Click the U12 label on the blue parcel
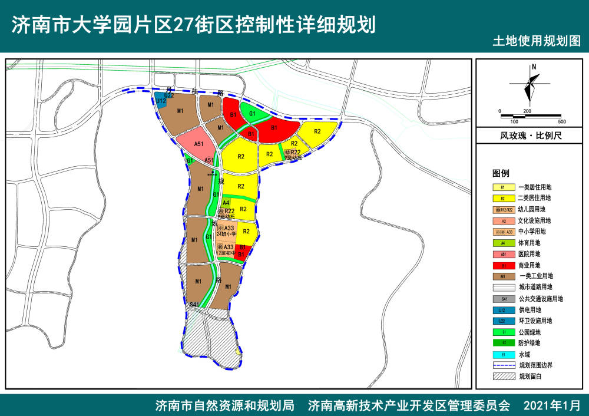tap(161, 101)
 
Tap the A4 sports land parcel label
tap(226, 203)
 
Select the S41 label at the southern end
tap(194, 305)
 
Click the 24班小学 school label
tap(226, 235)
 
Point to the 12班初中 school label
tap(226, 253)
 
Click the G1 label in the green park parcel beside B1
tap(252, 114)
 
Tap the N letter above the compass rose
tap(534, 67)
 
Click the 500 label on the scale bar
tap(561, 121)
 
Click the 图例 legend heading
tap(500, 174)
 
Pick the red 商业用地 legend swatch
tap(503, 265)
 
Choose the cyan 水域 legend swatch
tap(503, 354)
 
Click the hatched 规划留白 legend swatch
tap(503, 376)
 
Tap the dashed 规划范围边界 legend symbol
tap(503, 365)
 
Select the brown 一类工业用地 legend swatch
tap(503, 276)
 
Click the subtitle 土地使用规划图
tap(536, 42)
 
